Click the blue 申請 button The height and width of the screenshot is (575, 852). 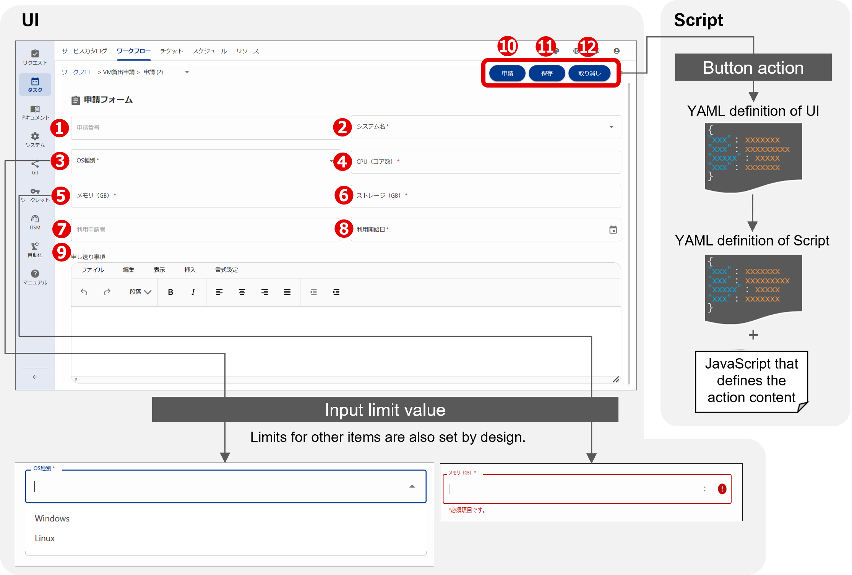pyautogui.click(x=507, y=73)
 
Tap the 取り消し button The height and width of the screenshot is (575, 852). pyautogui.click(x=589, y=73)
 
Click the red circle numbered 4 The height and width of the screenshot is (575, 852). pyautogui.click(x=342, y=161)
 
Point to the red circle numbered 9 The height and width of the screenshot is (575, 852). pyautogui.click(x=62, y=252)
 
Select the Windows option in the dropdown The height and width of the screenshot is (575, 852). pyautogui.click(x=52, y=518)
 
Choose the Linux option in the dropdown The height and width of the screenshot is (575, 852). pyautogui.click(x=45, y=538)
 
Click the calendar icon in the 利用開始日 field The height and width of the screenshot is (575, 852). pyautogui.click(x=613, y=230)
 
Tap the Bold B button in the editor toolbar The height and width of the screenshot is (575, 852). pyautogui.click(x=170, y=292)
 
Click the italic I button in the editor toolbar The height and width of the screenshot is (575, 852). pyautogui.click(x=193, y=292)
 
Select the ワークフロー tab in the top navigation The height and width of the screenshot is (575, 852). pyautogui.click(x=133, y=51)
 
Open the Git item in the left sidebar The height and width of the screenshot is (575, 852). pyautogui.click(x=35, y=167)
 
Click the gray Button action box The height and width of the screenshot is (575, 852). pyautogui.click(x=753, y=67)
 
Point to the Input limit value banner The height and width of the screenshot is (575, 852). pyautogui.click(x=385, y=409)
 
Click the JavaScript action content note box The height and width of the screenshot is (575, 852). pyautogui.click(x=751, y=381)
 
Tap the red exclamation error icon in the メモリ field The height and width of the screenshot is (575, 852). pyautogui.click(x=722, y=489)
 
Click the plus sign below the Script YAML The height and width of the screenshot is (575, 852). pyautogui.click(x=753, y=335)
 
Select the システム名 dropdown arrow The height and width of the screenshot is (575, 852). pyautogui.click(x=611, y=127)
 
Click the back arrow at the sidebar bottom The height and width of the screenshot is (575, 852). pyautogui.click(x=35, y=377)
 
